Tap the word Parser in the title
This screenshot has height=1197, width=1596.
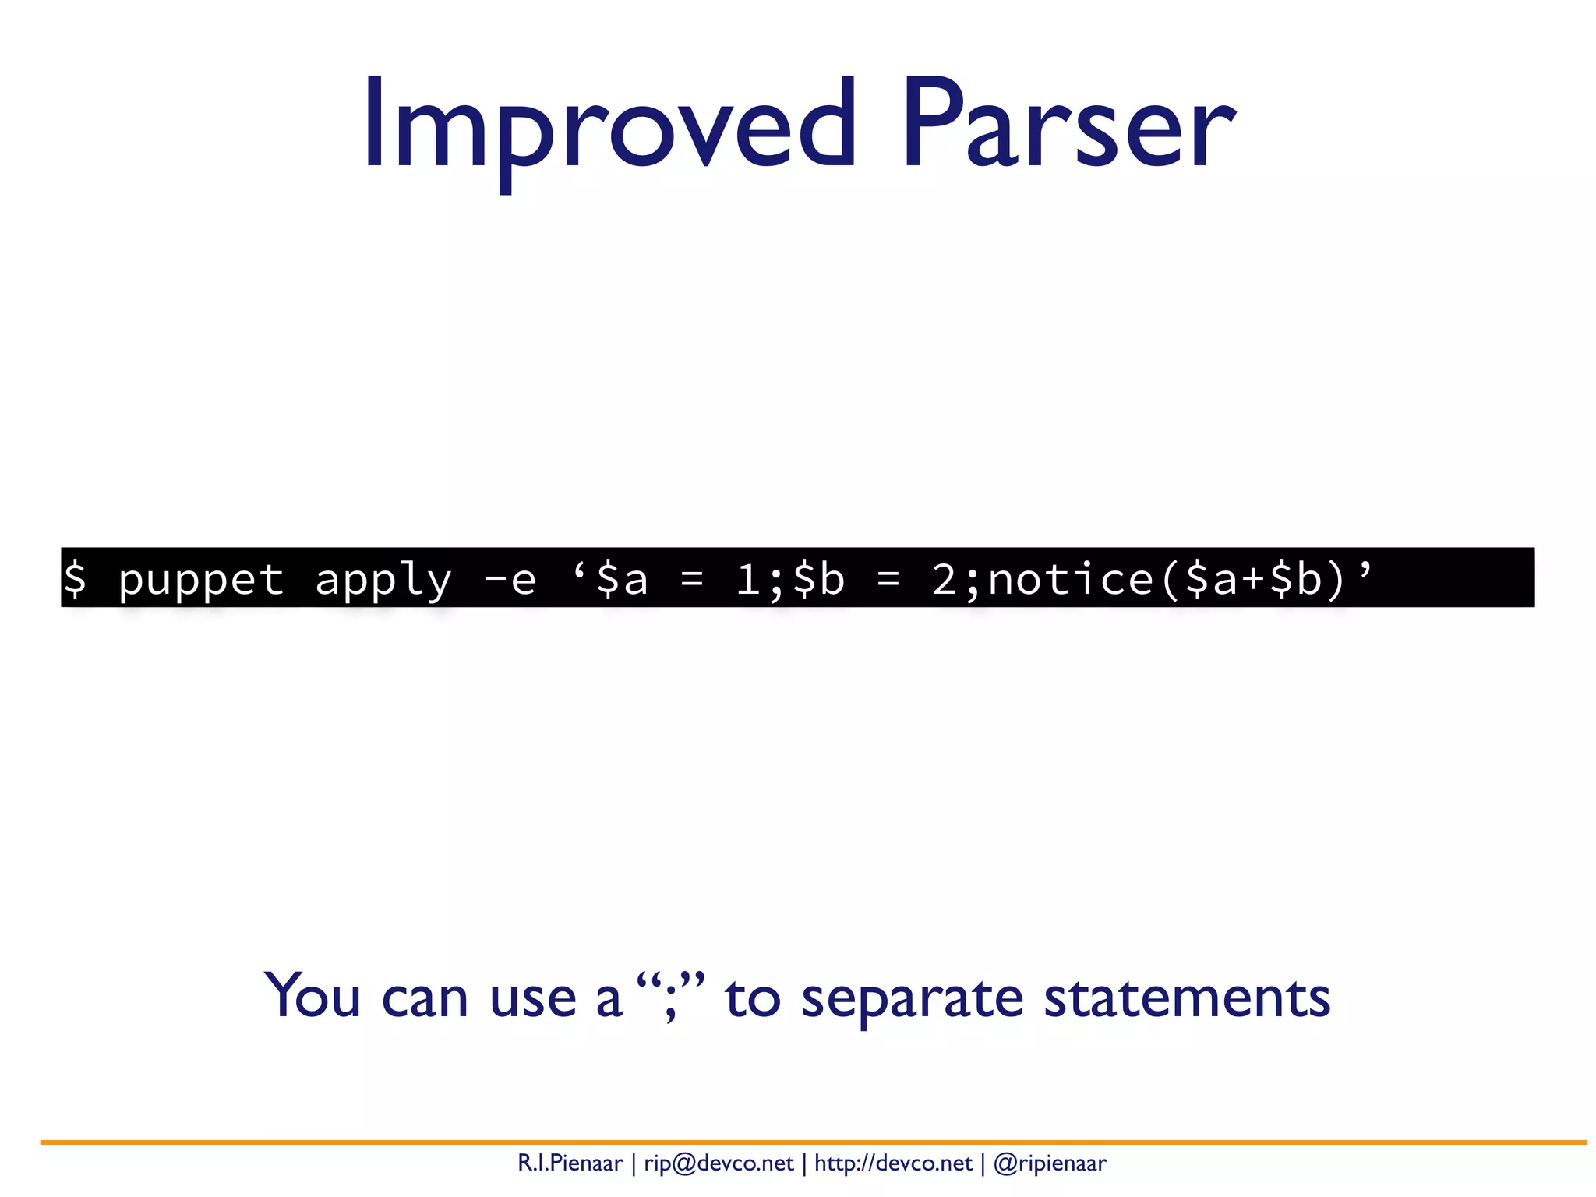click(x=1068, y=125)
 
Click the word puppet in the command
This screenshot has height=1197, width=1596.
click(x=201, y=580)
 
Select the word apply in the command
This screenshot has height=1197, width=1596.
click(x=383, y=580)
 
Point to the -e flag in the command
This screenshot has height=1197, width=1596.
click(x=510, y=580)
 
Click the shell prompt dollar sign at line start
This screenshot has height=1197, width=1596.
click(x=75, y=580)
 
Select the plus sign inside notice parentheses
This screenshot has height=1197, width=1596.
click(x=1253, y=580)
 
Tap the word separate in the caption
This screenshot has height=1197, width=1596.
click(x=912, y=997)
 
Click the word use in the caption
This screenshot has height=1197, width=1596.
click(x=533, y=997)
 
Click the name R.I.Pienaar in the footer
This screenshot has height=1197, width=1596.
click(x=570, y=1163)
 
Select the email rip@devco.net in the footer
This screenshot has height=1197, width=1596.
click(x=719, y=1163)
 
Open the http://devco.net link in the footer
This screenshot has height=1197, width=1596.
click(x=893, y=1163)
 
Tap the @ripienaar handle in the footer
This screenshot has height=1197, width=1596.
click(x=1050, y=1163)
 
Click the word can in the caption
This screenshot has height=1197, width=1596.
click(x=425, y=997)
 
